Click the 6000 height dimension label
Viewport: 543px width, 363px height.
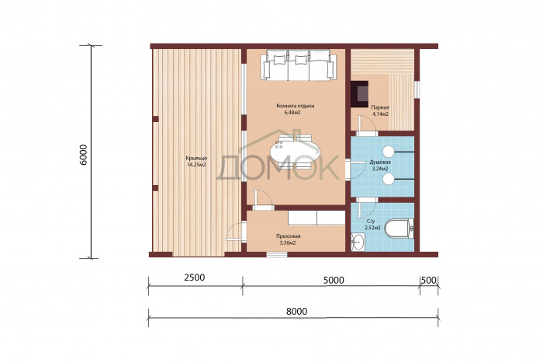pos(84,155)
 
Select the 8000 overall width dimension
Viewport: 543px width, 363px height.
pos(296,311)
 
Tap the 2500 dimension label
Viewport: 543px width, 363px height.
pos(194,277)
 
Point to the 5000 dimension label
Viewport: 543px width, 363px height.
pos(334,280)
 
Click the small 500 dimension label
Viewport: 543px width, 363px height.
pos(429,280)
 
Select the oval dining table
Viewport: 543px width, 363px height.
pos(295,152)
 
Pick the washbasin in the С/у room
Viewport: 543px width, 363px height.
pos(358,242)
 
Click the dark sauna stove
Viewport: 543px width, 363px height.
pos(359,94)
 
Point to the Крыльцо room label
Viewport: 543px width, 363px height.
pos(196,159)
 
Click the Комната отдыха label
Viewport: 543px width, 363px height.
pos(296,106)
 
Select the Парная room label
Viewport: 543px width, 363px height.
pos(380,107)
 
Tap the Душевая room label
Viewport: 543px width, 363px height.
pos(380,162)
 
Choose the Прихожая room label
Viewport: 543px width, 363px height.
pos(288,236)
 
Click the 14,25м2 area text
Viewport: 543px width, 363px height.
pos(196,165)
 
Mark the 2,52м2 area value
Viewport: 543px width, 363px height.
pos(372,228)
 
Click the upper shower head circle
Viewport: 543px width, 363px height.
pos(389,151)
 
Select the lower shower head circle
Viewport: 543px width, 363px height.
pos(389,179)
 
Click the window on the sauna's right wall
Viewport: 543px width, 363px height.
pos(417,89)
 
